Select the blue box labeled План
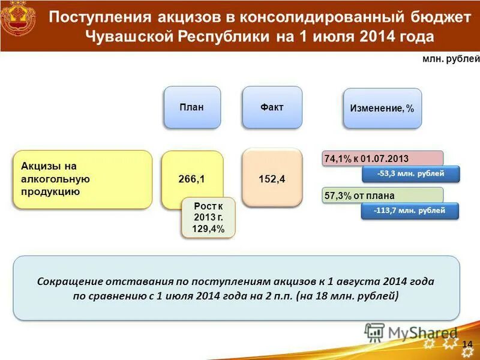click(191, 107)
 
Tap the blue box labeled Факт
click(272, 107)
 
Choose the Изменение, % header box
click(382, 109)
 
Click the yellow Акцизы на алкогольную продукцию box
click(82, 179)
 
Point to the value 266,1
click(191, 179)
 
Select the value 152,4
click(272, 179)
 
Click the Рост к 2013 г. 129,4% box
click(208, 218)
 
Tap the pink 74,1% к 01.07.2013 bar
click(382, 158)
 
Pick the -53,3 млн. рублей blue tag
click(410, 174)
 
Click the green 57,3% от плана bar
click(382, 195)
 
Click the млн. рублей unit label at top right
click(451, 59)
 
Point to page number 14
click(467, 341)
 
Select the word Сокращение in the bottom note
click(70, 281)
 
